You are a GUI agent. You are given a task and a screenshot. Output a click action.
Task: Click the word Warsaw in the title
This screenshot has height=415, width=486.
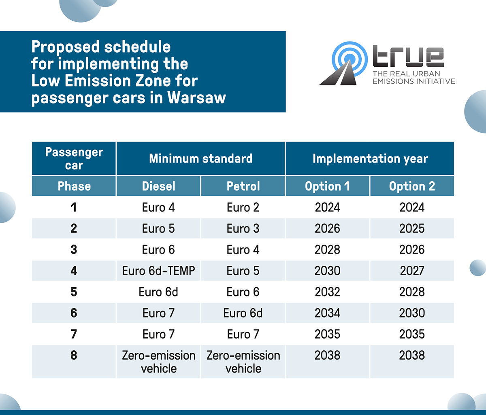click(x=196, y=97)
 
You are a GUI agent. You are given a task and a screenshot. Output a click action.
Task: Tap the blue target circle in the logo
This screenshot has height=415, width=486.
click(x=350, y=59)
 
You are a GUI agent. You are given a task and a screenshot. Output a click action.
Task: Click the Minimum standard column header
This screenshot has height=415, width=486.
click(x=200, y=159)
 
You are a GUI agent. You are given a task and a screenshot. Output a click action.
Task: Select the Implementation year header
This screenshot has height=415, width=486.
click(x=370, y=159)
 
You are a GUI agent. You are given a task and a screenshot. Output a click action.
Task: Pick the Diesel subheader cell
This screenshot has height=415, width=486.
click(x=158, y=186)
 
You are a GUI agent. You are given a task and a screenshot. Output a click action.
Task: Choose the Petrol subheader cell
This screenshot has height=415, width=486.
click(x=243, y=186)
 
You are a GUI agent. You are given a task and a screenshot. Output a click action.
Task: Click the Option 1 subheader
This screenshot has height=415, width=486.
click(x=327, y=186)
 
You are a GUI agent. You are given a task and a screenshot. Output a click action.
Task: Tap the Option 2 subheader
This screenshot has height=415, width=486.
click(x=412, y=186)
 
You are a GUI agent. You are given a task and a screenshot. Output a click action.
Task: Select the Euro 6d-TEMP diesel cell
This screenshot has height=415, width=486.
click(x=158, y=271)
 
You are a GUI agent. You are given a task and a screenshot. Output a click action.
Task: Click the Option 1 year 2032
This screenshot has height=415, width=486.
click(x=327, y=292)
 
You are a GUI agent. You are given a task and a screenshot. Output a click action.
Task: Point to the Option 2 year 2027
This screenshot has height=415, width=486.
click(x=412, y=271)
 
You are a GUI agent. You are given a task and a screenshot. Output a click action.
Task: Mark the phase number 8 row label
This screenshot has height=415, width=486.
click(x=74, y=355)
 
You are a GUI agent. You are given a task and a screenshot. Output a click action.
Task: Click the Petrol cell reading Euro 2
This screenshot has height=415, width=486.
click(x=243, y=207)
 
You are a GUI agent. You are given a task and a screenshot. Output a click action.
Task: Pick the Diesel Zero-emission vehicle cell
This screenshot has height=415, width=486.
click(x=159, y=362)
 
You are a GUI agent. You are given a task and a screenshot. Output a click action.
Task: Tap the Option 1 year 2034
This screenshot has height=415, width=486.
click(x=327, y=313)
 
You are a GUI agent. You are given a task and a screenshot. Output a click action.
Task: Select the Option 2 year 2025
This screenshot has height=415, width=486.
click(x=412, y=228)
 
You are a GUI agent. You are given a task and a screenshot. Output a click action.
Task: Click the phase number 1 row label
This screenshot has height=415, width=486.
click(x=74, y=207)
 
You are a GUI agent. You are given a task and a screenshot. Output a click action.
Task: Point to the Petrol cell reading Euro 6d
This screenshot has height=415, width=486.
click(x=243, y=313)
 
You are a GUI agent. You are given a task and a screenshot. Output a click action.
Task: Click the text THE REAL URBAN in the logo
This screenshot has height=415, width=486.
click(x=406, y=74)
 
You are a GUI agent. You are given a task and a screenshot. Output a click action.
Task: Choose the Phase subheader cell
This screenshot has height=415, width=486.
click(x=74, y=186)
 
